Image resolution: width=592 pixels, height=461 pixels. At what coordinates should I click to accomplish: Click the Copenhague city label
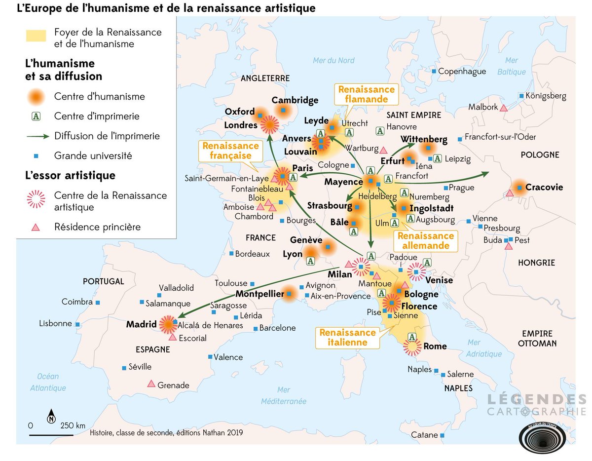tap(462, 72)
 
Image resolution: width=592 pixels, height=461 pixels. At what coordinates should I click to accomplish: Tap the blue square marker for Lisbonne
tap(77, 324)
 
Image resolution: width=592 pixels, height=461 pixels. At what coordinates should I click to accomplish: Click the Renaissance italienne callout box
tap(347, 337)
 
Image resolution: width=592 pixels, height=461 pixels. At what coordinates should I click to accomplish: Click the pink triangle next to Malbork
tap(504, 107)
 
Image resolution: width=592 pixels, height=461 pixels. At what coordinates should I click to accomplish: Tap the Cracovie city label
tap(544, 188)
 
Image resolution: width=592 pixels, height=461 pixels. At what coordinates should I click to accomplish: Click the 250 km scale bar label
tap(73, 425)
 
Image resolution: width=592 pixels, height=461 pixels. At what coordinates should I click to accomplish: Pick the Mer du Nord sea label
tap(333, 61)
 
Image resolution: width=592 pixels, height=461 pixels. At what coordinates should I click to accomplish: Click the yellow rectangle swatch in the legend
tap(36, 36)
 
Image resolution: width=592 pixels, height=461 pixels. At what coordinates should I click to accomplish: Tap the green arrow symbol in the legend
tap(36, 136)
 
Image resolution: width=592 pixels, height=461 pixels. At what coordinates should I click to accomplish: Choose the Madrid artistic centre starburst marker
tap(167, 324)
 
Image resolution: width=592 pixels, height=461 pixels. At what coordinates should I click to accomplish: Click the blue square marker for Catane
tap(443, 435)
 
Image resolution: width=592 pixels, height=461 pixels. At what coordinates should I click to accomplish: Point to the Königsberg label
tap(546, 96)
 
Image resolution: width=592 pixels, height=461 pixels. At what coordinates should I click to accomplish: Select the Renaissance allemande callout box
tap(425, 241)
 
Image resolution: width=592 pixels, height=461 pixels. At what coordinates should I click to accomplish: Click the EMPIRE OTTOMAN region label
tap(537, 339)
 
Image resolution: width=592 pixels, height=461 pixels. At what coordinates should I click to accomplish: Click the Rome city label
tap(435, 346)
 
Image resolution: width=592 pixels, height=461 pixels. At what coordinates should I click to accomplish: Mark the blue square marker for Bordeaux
tap(231, 254)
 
